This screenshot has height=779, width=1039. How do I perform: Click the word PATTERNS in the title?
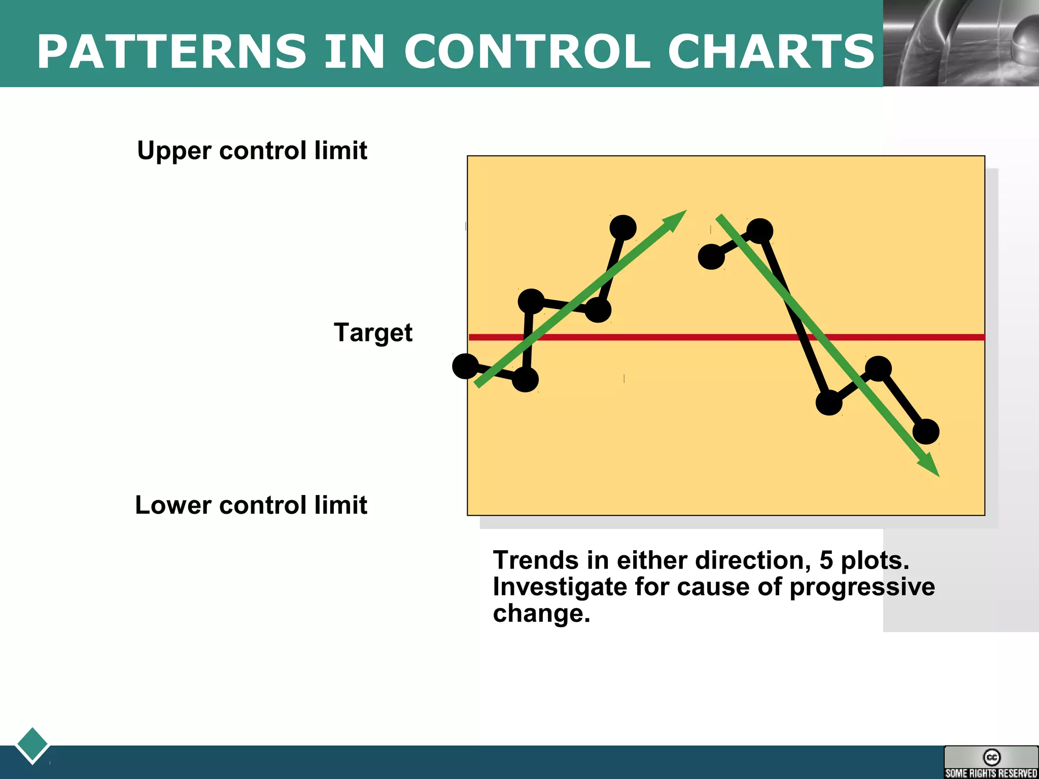[171, 52]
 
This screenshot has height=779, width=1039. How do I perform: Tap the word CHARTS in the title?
[771, 52]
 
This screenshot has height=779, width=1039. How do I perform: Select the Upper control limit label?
[252, 151]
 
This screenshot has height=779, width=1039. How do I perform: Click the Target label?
[373, 333]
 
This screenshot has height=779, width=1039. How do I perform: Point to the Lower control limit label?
[251, 505]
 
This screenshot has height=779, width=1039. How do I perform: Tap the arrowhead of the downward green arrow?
[929, 466]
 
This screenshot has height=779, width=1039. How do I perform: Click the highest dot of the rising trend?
[623, 227]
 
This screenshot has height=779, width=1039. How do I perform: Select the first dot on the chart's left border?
[465, 366]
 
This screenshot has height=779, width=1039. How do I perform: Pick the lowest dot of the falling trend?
[926, 432]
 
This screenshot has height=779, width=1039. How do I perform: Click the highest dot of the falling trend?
[759, 231]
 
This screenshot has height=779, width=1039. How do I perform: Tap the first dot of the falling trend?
[711, 257]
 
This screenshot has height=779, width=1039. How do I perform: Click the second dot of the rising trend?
[525, 379]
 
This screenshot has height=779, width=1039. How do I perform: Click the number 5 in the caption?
[826, 560]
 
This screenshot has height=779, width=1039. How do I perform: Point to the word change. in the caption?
[541, 613]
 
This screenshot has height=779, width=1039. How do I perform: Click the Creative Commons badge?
[991, 762]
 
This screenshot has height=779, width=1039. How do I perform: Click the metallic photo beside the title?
[961, 43]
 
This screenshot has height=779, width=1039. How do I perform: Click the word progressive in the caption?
[862, 587]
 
